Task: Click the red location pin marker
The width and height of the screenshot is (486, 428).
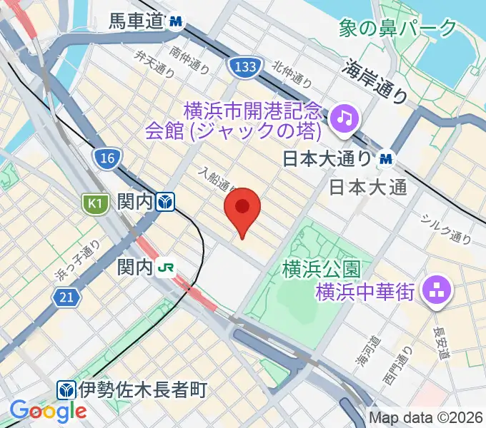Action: [x=242, y=209]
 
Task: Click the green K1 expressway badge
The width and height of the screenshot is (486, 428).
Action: [x=94, y=204]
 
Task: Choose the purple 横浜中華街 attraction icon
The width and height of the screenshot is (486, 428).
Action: [x=433, y=290]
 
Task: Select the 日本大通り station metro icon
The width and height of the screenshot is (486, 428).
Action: [x=387, y=158]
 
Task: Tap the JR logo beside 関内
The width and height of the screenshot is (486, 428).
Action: [x=167, y=267]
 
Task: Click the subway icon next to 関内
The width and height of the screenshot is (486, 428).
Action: [x=166, y=203]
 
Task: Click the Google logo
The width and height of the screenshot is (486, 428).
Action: [x=48, y=410]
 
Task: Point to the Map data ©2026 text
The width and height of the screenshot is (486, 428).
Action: [x=426, y=417]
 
